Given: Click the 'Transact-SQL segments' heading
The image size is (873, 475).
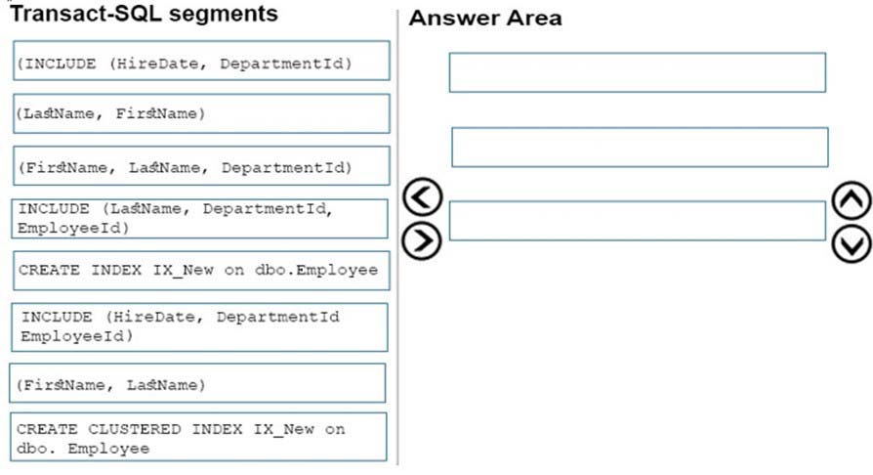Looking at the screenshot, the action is click(x=145, y=14).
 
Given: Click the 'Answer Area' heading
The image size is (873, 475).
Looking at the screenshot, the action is click(x=485, y=19).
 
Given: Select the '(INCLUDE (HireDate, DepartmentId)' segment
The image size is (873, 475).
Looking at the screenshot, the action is click(x=201, y=61).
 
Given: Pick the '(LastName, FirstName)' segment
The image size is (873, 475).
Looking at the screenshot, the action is click(x=201, y=113).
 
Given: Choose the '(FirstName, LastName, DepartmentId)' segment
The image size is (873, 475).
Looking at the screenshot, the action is click(x=201, y=165).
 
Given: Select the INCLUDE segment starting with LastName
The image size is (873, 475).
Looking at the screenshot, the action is click(x=200, y=219).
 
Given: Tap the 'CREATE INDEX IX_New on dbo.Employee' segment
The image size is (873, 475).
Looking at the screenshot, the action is click(x=201, y=271).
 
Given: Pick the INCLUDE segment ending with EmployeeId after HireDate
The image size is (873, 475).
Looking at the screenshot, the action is click(x=200, y=327).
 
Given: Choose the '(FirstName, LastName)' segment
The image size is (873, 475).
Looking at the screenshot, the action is click(x=197, y=383).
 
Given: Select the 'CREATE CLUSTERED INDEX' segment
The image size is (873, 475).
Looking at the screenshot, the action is click(x=199, y=437).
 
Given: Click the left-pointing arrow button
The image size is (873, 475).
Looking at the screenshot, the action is click(x=423, y=196).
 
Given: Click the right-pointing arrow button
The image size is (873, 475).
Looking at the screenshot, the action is click(x=422, y=240).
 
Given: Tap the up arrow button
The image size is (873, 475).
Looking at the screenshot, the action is click(x=852, y=200).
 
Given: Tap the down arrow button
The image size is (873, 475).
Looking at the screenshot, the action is click(x=852, y=244).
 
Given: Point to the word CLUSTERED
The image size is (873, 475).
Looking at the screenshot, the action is click(x=134, y=429).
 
